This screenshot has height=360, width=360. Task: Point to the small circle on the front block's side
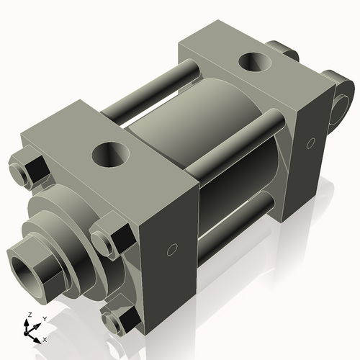pos(171,250)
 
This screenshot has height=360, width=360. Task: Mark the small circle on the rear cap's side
pos(312,142)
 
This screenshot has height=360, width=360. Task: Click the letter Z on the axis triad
pos(29,315)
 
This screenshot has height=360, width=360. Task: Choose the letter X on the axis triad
pos(45,338)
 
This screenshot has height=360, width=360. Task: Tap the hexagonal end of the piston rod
pos(40,263)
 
